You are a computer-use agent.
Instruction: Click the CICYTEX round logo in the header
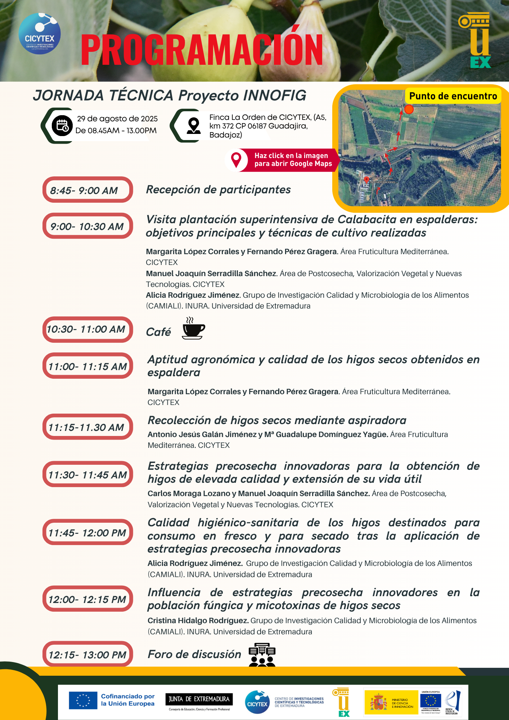tap(40, 34)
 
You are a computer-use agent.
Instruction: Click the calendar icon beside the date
tap(62, 126)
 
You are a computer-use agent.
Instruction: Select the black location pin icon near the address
tap(194, 126)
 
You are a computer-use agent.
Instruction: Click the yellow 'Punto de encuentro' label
tap(453, 96)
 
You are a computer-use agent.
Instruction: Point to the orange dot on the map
tap(409, 109)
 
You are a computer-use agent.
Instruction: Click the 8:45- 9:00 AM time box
tap(87, 190)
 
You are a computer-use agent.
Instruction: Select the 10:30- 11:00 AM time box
tap(87, 329)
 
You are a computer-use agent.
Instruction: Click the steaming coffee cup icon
tap(193, 328)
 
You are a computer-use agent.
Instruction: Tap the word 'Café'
tap(158, 332)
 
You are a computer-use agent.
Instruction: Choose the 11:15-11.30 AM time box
tap(87, 427)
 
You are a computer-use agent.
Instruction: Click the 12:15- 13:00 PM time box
tap(87, 654)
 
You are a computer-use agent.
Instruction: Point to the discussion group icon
tap(262, 654)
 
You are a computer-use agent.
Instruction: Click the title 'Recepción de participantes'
tap(218, 190)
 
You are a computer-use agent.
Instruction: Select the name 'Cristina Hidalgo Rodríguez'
tap(198, 621)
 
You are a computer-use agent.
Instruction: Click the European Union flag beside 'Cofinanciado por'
tap(83, 700)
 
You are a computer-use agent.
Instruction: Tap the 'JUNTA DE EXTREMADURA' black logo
tap(199, 699)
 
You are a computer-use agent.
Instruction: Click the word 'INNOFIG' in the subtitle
tap(275, 95)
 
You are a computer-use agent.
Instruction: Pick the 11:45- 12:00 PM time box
tap(87, 532)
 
